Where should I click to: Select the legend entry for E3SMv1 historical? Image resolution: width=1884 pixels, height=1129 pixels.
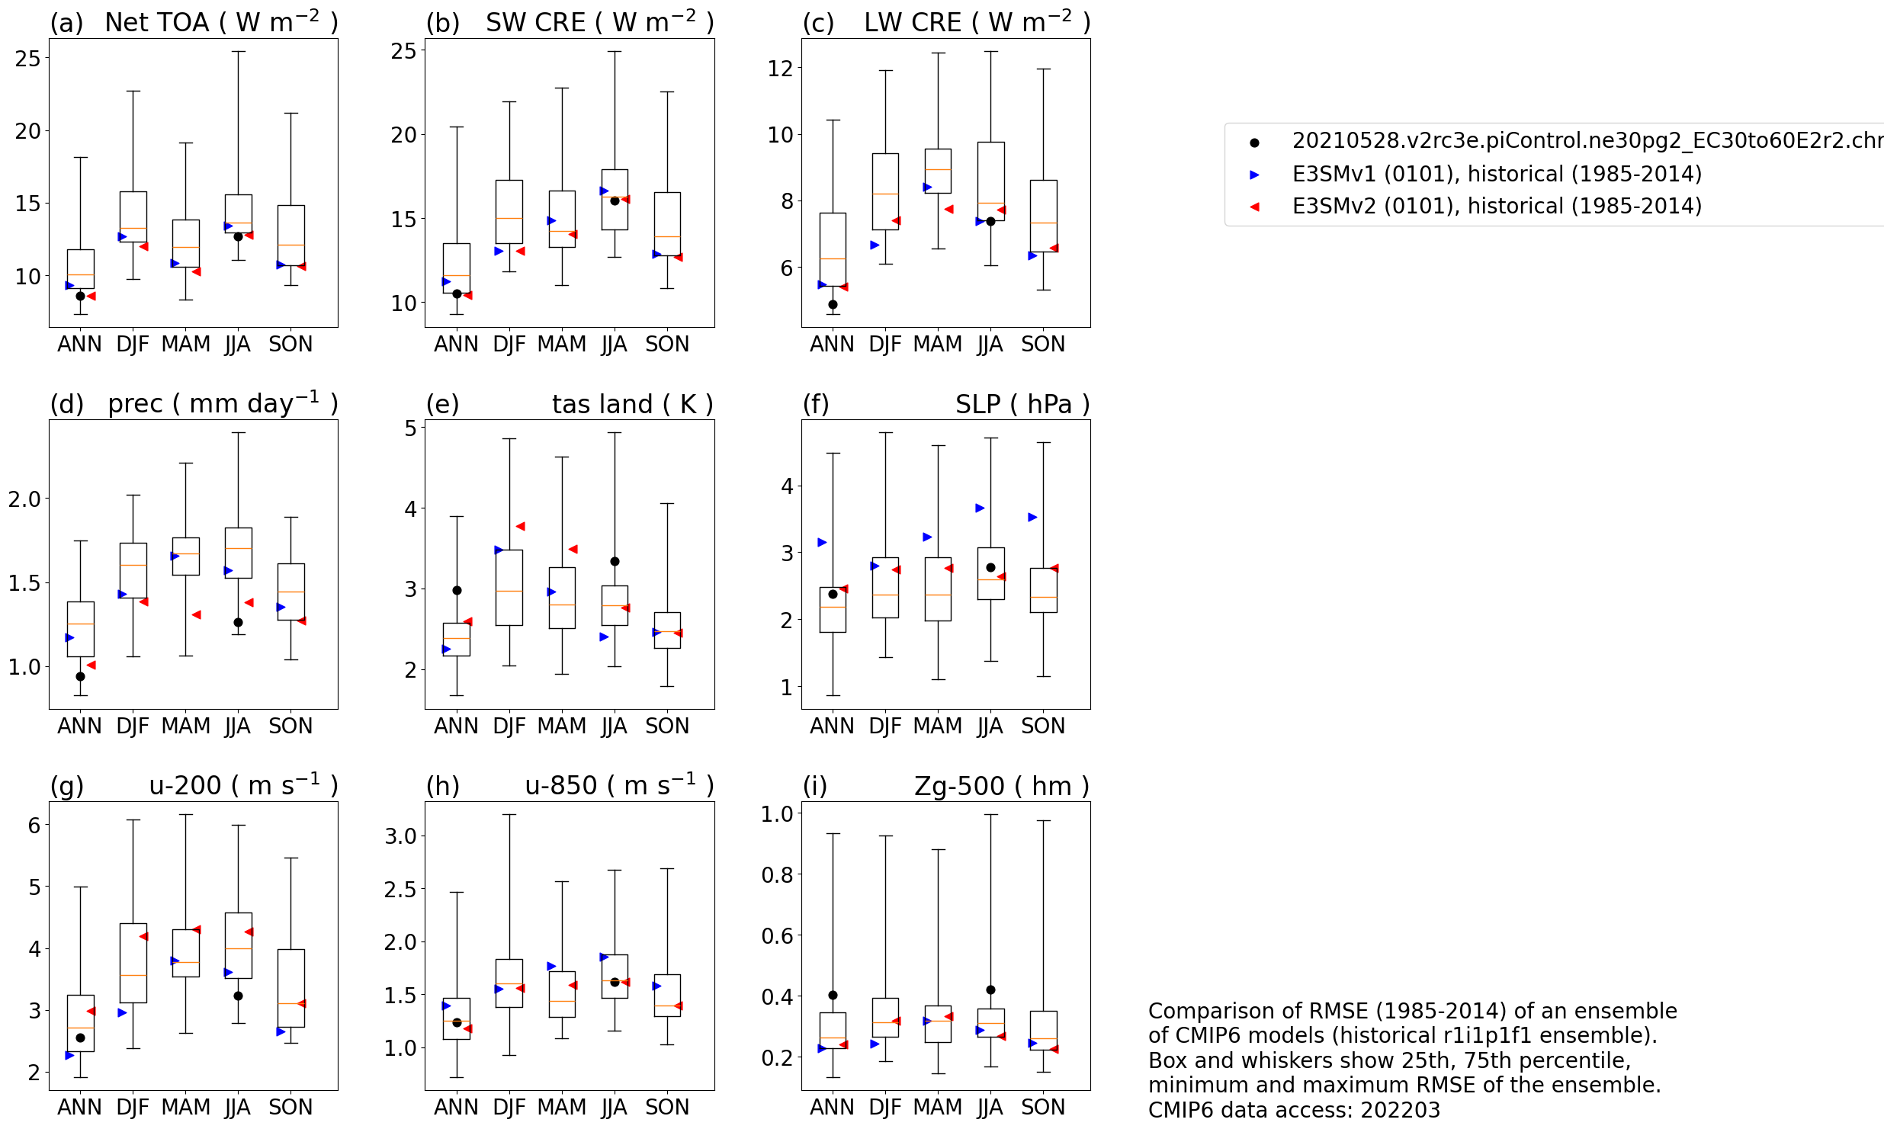[x=1496, y=174]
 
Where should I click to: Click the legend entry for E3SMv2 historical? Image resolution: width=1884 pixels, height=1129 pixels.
[x=1496, y=206]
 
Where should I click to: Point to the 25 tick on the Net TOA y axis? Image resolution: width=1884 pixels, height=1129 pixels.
[x=27, y=58]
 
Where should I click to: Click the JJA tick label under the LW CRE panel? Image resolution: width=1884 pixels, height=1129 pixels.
[x=990, y=345]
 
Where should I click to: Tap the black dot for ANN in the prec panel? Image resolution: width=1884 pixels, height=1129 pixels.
[x=80, y=676]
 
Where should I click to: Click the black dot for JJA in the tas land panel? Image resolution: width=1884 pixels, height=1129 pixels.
[x=615, y=561]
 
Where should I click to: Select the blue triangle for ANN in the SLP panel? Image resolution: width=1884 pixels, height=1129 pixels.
[x=822, y=542]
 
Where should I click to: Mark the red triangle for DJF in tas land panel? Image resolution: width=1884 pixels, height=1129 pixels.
[x=520, y=526]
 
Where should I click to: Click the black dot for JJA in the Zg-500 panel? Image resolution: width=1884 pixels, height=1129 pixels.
[x=990, y=989]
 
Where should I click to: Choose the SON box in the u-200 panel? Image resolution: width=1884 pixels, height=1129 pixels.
[x=290, y=987]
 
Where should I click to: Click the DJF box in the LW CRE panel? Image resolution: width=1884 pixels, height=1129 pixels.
[x=885, y=191]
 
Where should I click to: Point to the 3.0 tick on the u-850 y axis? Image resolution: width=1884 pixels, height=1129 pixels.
[x=400, y=836]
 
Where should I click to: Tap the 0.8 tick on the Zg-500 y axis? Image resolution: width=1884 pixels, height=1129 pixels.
[x=776, y=874]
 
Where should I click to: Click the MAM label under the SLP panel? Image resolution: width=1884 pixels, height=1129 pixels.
[x=937, y=726]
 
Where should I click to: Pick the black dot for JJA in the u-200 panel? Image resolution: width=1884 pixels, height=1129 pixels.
[x=238, y=996]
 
